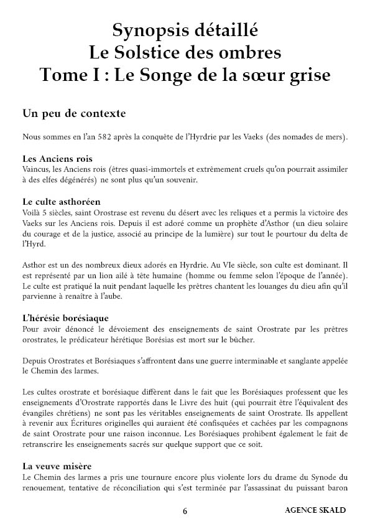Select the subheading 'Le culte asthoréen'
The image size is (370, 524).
click(x=61, y=202)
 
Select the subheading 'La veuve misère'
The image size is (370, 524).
click(x=57, y=465)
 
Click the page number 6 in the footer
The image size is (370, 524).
click(x=185, y=511)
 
